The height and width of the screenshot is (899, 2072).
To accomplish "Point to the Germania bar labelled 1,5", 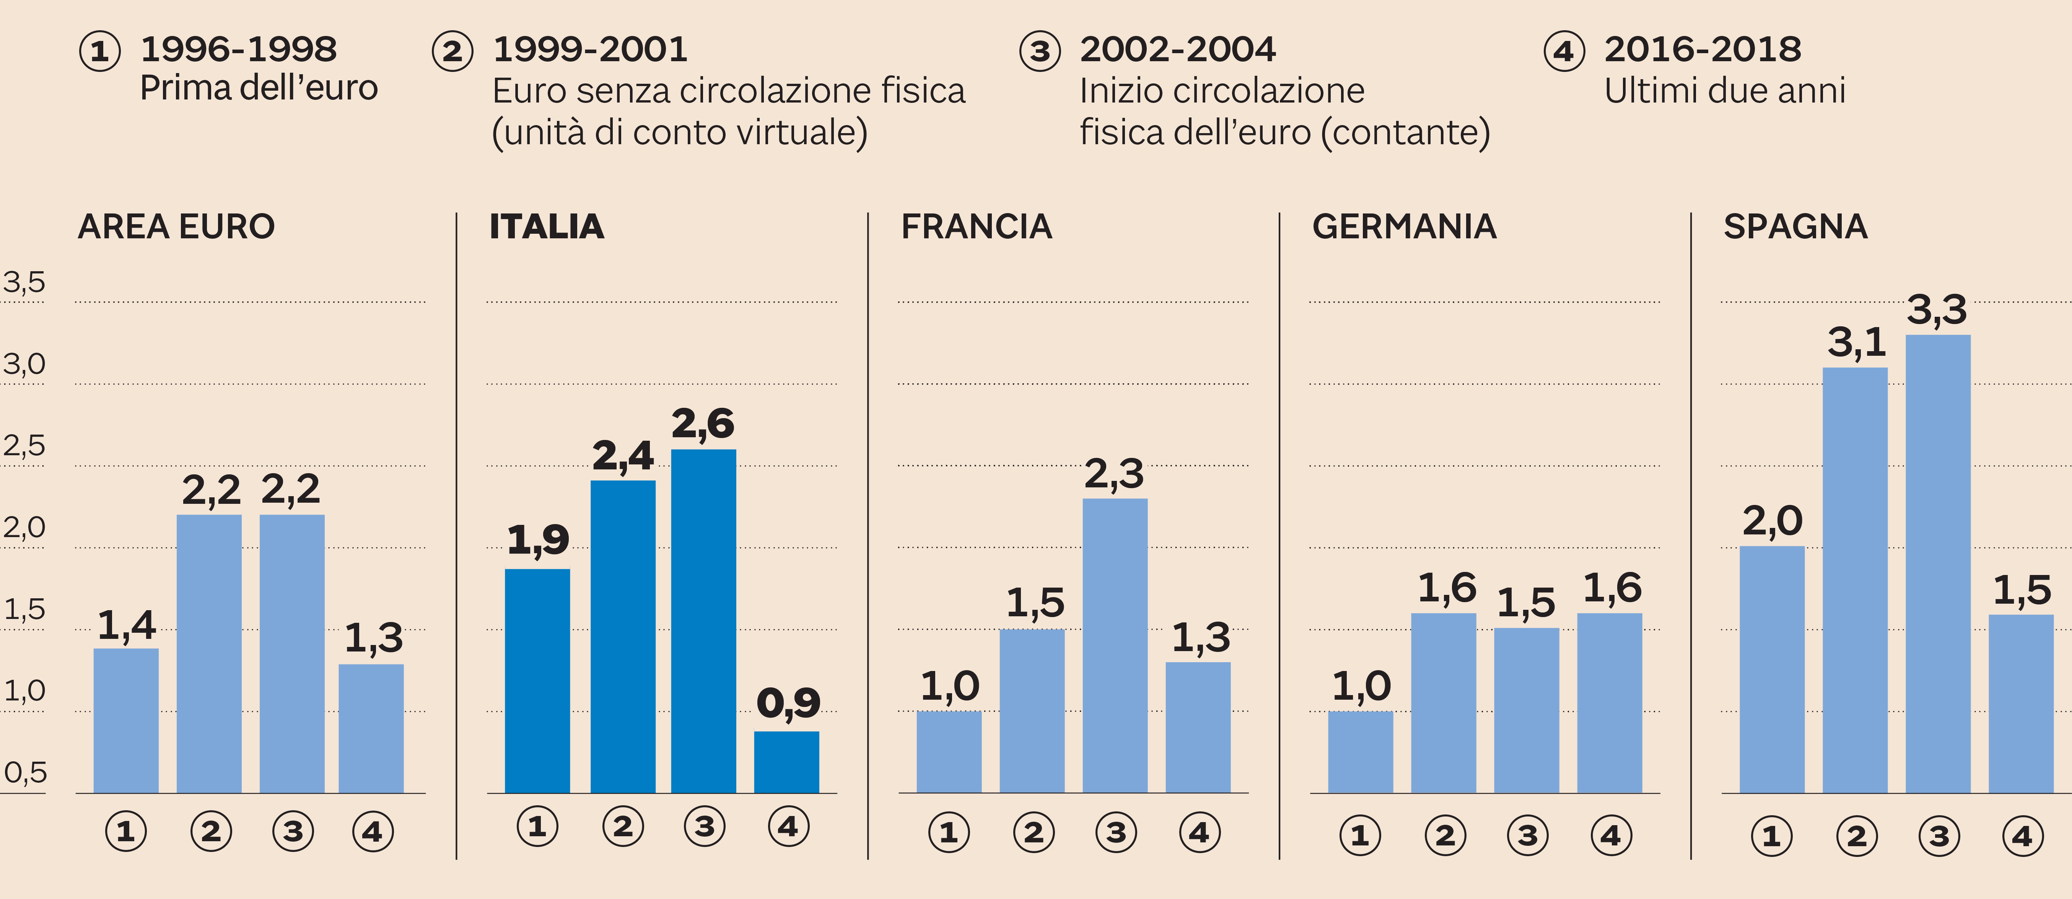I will pyautogui.click(x=1526, y=710).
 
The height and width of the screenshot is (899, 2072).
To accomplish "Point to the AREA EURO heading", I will pyautogui.click(x=176, y=227).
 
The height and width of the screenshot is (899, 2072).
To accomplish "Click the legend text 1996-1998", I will pyautogui.click(x=238, y=49).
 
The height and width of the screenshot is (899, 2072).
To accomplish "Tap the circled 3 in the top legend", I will pyautogui.click(x=1040, y=52).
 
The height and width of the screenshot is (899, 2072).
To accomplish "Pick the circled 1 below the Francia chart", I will pyautogui.click(x=949, y=832).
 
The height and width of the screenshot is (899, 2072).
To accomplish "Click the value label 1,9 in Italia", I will pyautogui.click(x=538, y=539).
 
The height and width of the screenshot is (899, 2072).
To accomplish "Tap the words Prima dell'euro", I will pyautogui.click(x=258, y=88).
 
